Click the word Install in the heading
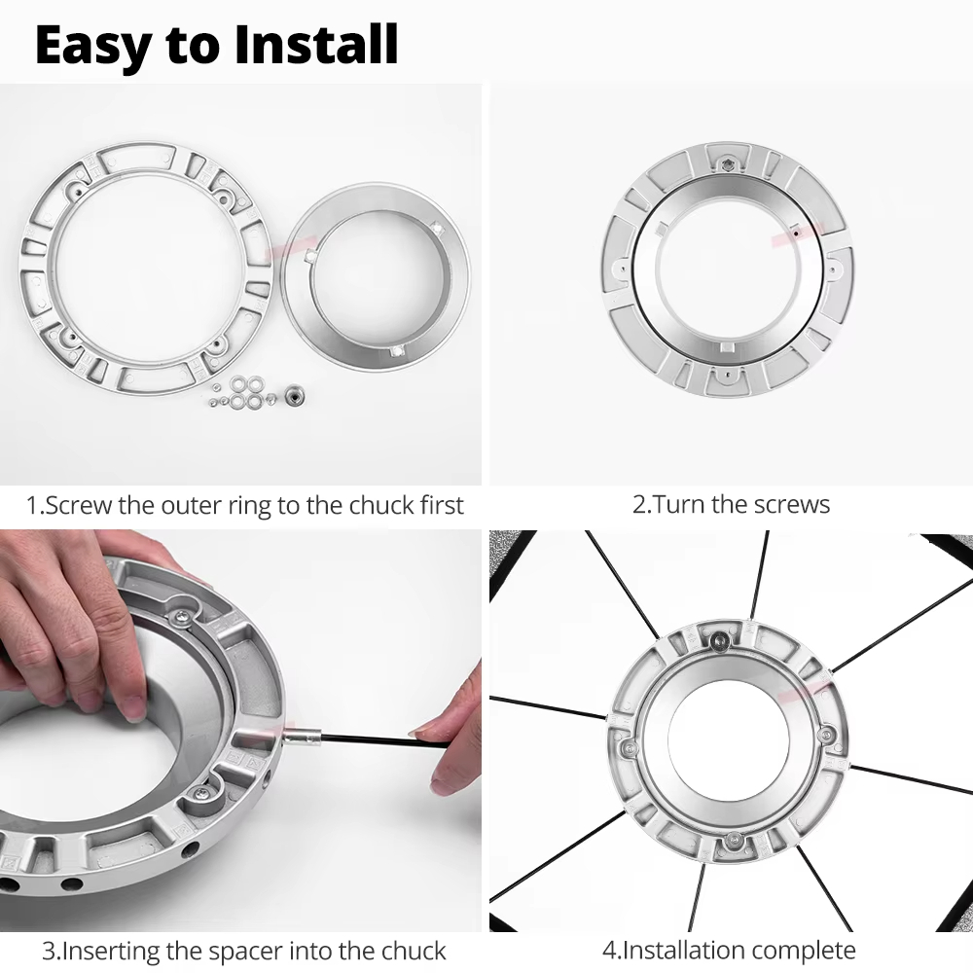click(316, 44)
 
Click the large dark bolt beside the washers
click(294, 395)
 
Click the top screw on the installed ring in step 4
click(720, 640)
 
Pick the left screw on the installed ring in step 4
click(630, 748)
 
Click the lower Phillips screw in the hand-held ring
click(201, 793)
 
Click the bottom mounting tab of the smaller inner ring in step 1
click(397, 351)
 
